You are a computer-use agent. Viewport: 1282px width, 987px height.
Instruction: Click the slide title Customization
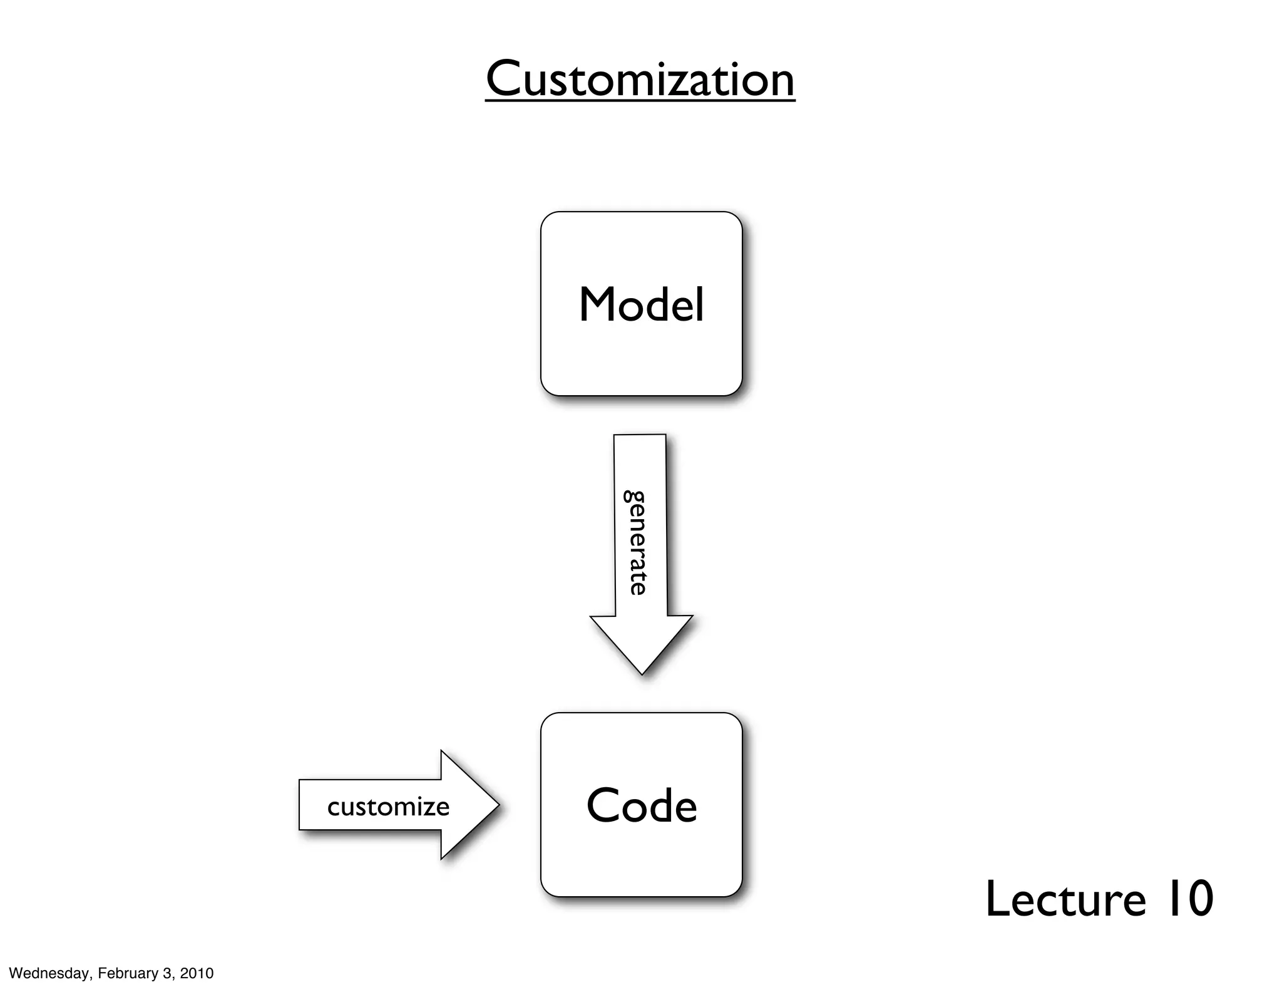click(640, 80)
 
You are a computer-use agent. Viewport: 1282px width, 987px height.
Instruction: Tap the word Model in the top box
click(641, 305)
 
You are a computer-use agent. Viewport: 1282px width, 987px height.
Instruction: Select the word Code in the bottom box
click(641, 806)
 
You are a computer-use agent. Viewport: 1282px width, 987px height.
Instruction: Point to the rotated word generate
click(635, 542)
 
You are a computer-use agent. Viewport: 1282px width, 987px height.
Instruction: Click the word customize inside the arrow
click(388, 807)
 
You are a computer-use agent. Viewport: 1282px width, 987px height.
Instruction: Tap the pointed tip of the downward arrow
click(642, 672)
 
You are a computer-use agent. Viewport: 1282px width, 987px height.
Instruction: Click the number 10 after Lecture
click(1188, 899)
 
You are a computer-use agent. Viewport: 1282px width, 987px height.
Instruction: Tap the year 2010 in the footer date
click(197, 973)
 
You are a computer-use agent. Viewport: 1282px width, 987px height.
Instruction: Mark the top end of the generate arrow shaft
click(640, 437)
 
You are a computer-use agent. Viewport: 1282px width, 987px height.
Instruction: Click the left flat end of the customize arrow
click(301, 805)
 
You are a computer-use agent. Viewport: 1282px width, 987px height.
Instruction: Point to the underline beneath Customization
click(640, 100)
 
